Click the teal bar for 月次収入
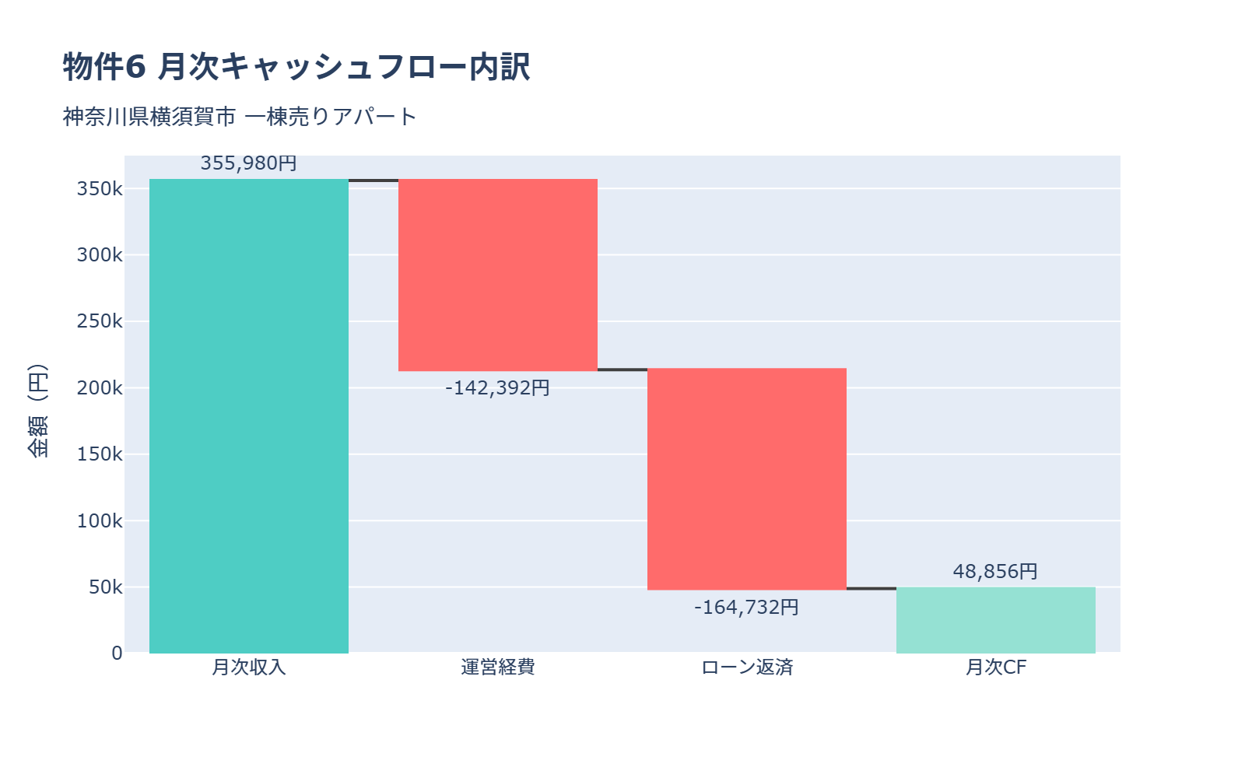[249, 416]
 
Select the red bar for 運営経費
[498, 275]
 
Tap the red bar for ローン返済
[747, 478]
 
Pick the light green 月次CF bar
[996, 620]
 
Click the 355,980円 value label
[248, 163]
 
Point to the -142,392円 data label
[497, 387]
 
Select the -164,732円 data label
[746, 607]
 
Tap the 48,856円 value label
[995, 571]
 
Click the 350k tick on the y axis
[100, 189]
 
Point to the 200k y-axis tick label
[100, 388]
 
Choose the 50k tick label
[105, 587]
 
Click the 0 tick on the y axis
[117, 654]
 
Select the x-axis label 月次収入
[249, 668]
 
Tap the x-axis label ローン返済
[747, 668]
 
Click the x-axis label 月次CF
[996, 668]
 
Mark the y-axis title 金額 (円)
[38, 411]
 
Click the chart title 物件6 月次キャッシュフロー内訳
[296, 67]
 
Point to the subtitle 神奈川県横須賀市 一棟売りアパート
[240, 117]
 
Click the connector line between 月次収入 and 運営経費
[373, 180]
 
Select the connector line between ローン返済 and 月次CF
[871, 588]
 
